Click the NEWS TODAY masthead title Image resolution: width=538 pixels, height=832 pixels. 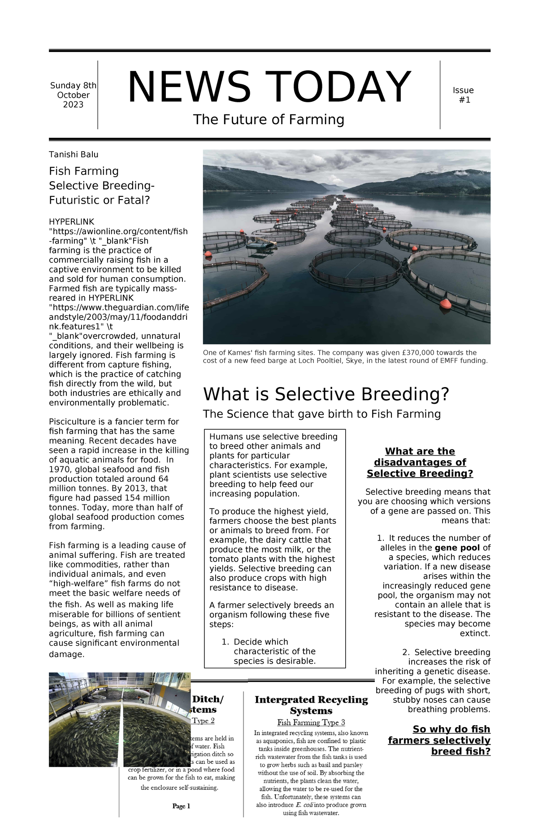269,87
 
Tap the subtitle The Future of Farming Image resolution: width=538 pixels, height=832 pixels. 269,119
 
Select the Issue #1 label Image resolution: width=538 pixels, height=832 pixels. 463,95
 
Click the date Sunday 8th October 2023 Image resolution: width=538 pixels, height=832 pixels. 73,95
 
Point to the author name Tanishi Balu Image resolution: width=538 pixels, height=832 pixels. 73,155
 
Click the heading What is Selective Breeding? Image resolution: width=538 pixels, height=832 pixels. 325,394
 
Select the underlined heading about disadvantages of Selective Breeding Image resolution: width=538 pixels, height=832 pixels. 420,462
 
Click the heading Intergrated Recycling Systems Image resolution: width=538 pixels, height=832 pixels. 311,705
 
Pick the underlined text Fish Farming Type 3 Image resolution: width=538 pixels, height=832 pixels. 311,722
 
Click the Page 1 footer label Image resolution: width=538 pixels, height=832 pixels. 181,806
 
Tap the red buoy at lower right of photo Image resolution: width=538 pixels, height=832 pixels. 445,304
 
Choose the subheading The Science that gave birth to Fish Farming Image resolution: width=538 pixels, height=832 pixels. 321,414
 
